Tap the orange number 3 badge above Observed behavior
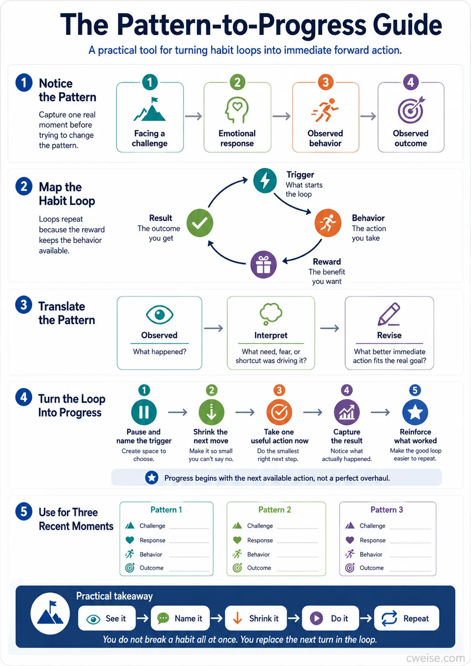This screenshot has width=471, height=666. coord(325,82)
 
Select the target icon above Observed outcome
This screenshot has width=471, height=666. coord(411,109)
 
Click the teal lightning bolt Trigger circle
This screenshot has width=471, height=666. coord(265,180)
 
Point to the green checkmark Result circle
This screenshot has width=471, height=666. coord(200,223)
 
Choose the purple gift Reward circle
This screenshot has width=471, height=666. coord(263,264)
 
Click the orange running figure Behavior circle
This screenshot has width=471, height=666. coord(328,223)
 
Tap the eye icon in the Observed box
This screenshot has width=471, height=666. coord(159,314)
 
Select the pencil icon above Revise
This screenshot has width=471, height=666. coord(389,314)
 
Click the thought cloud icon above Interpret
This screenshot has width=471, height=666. coord(271,314)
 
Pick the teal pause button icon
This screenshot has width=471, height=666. coord(144,412)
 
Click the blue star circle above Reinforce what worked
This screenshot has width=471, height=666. coord(415,412)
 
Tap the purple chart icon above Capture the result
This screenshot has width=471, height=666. coord(347,412)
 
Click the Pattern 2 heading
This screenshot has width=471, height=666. coord(275,510)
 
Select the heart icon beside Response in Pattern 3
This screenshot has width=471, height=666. coord(350,540)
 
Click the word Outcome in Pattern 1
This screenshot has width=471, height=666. coord(151,568)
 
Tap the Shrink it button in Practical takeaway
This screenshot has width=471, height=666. coord(256,618)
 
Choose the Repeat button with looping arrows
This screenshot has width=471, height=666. coord(407,618)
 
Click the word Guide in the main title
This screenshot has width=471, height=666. coord(408,25)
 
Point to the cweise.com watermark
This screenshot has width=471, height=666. coord(435,658)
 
